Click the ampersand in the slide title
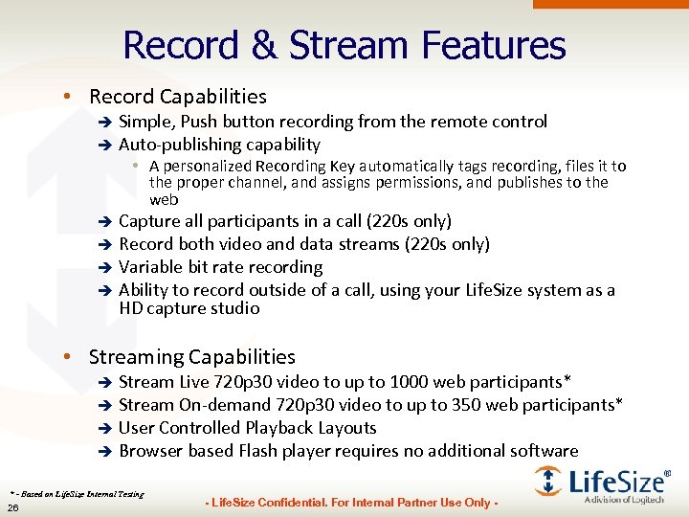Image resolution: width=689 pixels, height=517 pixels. (263, 45)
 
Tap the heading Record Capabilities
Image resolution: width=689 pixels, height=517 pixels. (177, 96)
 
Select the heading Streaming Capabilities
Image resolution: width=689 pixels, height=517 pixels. (191, 356)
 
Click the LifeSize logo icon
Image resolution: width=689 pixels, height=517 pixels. (548, 480)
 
